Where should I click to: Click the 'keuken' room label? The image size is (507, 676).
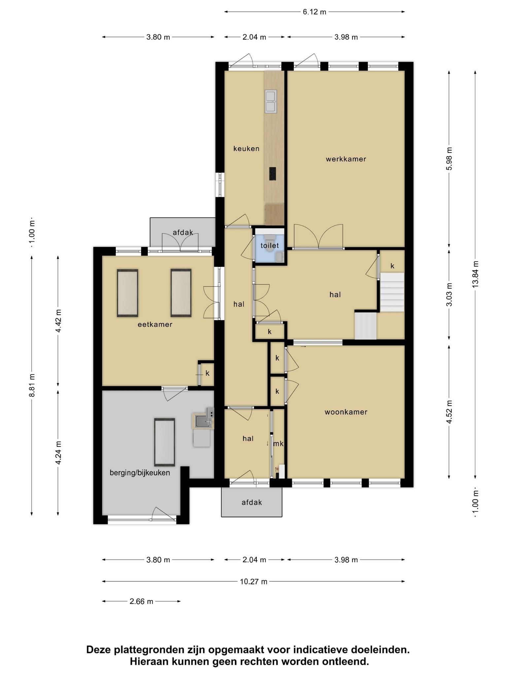tap(246, 149)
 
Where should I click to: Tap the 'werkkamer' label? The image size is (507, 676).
tap(346, 159)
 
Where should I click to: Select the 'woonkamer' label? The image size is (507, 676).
tap(346, 412)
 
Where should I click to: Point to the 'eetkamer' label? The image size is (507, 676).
tap(155, 324)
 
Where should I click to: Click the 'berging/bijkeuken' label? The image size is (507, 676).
tap(140, 473)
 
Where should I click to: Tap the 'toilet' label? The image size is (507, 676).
tap(270, 246)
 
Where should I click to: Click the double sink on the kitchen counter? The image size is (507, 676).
tap(271, 102)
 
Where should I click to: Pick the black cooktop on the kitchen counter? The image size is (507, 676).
tap(272, 174)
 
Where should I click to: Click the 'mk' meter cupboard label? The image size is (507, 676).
tap(278, 444)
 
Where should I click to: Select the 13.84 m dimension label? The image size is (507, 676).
tap(475, 274)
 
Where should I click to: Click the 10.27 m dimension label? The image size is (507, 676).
tap(253, 582)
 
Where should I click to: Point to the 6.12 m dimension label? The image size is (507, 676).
tap(315, 12)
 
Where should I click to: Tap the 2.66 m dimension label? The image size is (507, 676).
tap(141, 601)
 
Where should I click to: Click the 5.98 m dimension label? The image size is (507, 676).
tap(449, 159)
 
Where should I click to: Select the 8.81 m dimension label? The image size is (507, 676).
tap(32, 386)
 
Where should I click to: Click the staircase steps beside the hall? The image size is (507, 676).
tap(392, 292)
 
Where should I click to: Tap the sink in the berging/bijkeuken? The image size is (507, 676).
tap(202, 421)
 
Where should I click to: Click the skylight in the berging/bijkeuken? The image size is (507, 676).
tap(165, 442)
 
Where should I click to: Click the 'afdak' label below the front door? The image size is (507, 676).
tap(252, 502)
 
